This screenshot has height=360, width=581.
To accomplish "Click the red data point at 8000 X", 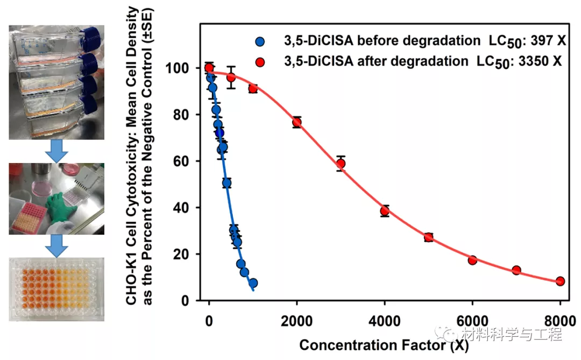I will click(x=560, y=281).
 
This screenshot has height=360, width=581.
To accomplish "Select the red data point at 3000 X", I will click(x=341, y=164).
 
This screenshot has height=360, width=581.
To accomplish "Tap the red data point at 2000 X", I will click(x=296, y=122).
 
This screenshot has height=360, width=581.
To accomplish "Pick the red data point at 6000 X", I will click(x=472, y=260).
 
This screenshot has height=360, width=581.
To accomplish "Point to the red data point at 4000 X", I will click(x=385, y=211).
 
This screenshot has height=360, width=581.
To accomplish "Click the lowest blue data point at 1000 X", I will click(x=253, y=283).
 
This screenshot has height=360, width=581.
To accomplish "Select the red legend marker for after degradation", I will click(x=260, y=61).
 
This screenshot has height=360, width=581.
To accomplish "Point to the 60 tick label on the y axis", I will click(x=183, y=161).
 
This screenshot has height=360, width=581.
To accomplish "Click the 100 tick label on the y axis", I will click(x=180, y=68).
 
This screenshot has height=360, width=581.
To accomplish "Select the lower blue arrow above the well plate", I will click(x=56, y=245).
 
